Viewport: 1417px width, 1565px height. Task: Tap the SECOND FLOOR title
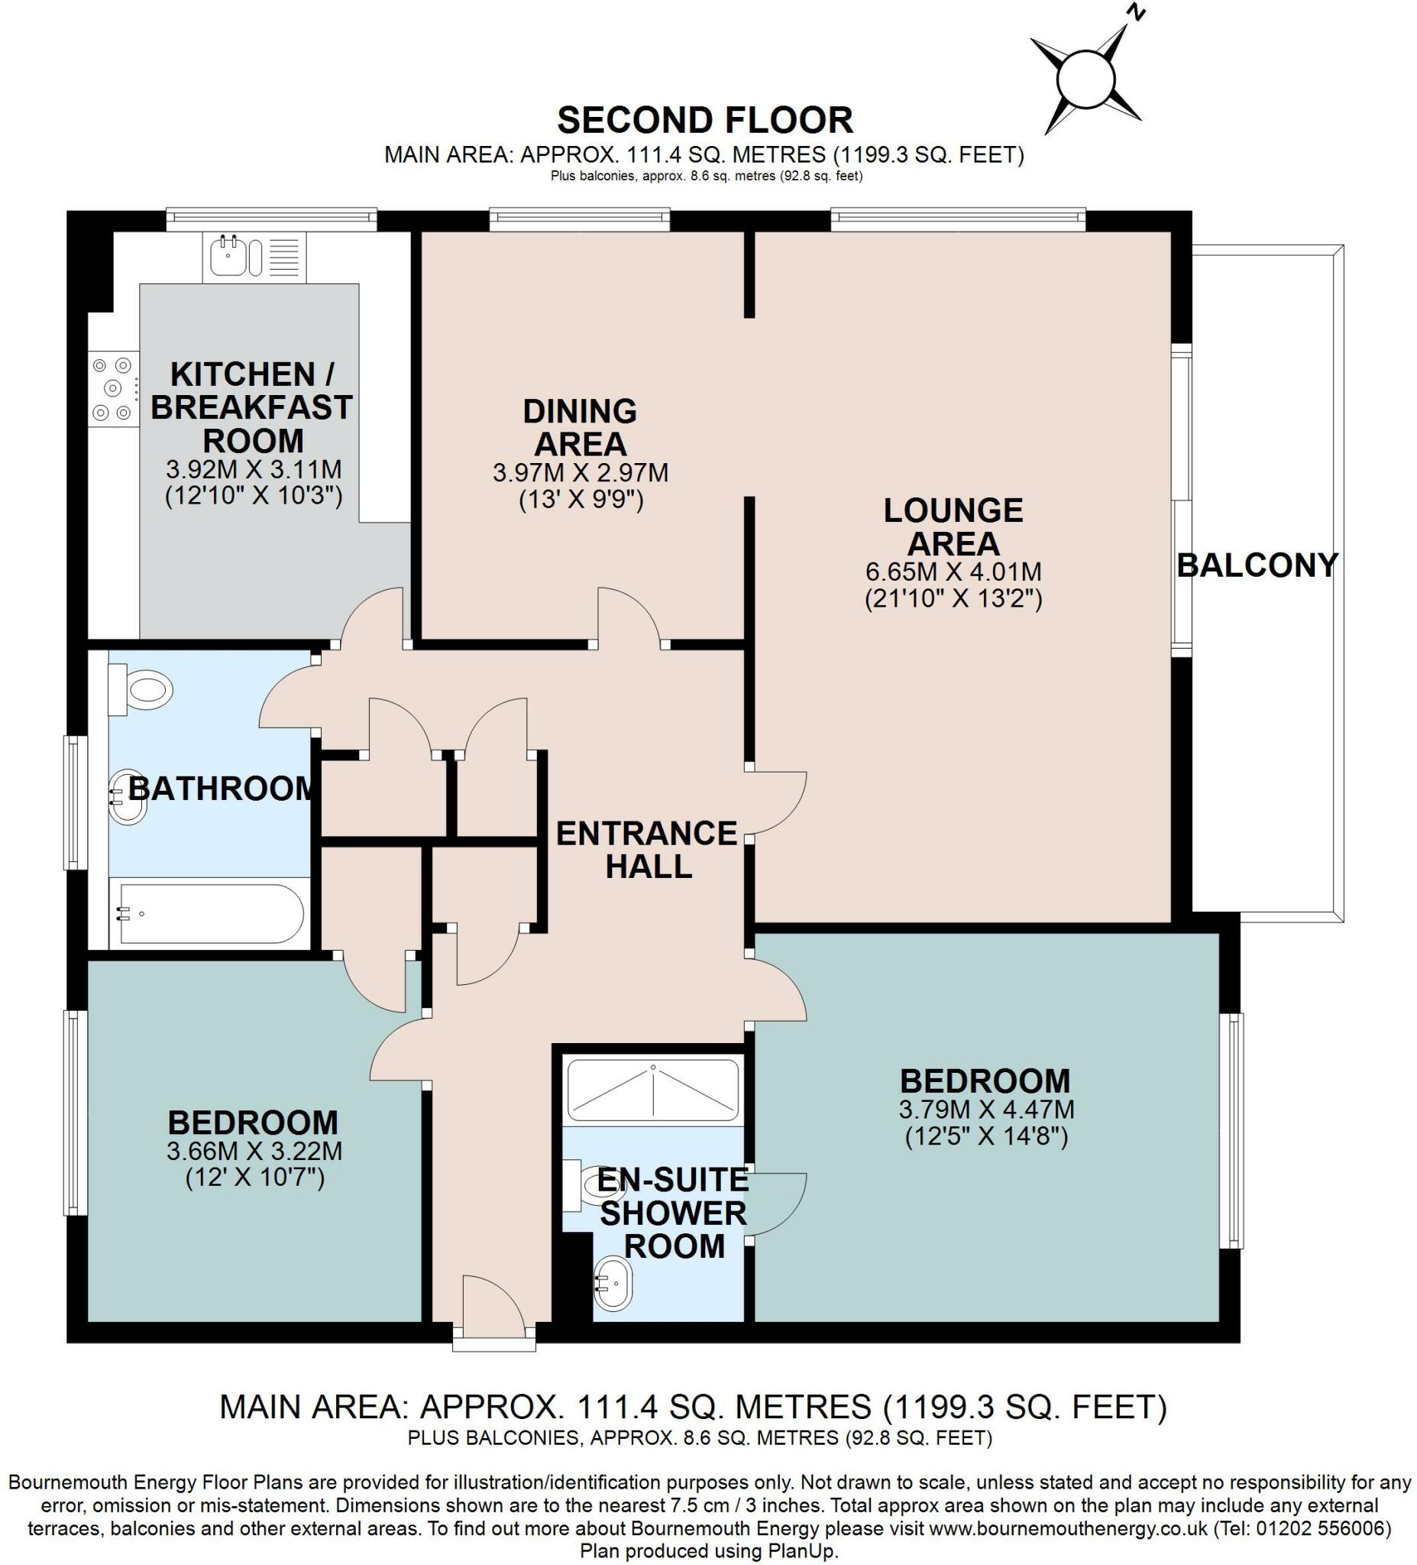pyautogui.click(x=704, y=120)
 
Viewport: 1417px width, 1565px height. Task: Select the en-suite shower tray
pyautogui.click(x=653, y=1089)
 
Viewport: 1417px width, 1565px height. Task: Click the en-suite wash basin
pyautogui.click(x=613, y=1285)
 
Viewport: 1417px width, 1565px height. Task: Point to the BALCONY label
pyautogui.click(x=1257, y=565)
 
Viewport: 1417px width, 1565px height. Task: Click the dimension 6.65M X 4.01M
pyautogui.click(x=954, y=572)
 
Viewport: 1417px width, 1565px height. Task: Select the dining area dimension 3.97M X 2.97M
pyautogui.click(x=581, y=473)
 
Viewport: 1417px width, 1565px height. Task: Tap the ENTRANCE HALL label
pyautogui.click(x=647, y=850)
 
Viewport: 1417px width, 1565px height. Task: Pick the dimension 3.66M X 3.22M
pyautogui.click(x=254, y=1151)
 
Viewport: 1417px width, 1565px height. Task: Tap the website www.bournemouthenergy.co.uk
pyautogui.click(x=1068, y=1528)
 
